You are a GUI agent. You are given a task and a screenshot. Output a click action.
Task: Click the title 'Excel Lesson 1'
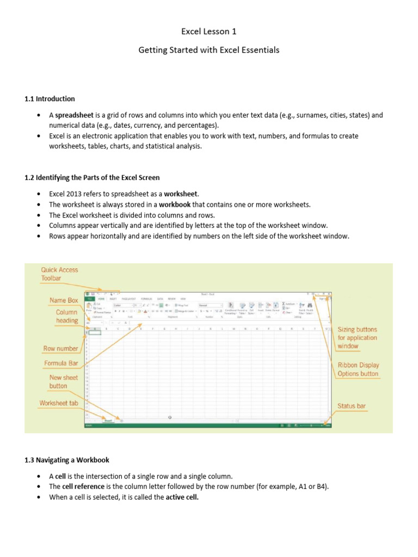208,32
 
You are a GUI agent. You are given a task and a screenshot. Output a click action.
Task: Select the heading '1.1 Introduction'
50,98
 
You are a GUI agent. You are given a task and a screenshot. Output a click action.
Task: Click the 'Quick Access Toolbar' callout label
59,274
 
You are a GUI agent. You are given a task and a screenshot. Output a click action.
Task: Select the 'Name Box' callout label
64,300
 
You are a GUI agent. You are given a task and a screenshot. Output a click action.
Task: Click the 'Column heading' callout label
66,317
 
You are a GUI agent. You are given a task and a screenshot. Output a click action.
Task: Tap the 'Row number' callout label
60,348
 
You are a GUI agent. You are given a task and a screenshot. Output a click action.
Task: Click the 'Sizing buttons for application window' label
357,338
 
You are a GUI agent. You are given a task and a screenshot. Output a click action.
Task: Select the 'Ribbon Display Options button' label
358,369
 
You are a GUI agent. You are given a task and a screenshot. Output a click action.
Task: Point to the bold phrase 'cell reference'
82,487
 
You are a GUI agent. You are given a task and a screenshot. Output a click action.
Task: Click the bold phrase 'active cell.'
182,497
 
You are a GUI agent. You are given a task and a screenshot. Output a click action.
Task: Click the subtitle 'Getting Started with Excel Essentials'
208,50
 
